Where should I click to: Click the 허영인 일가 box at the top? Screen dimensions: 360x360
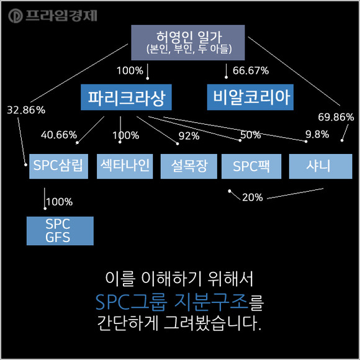click(x=188, y=42)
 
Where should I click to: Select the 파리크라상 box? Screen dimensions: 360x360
click(x=126, y=97)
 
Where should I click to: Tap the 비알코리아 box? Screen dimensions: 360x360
click(x=250, y=97)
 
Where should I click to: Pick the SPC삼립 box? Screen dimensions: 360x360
click(x=58, y=166)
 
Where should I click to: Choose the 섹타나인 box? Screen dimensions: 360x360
click(x=125, y=166)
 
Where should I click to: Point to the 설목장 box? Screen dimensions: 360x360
click(x=189, y=166)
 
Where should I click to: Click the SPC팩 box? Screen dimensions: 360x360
click(x=251, y=166)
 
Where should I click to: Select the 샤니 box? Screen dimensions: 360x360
click(x=320, y=166)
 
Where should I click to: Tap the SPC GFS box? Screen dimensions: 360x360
click(x=60, y=231)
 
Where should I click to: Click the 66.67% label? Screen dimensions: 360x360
click(x=251, y=71)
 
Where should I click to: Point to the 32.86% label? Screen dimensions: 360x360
click(x=26, y=110)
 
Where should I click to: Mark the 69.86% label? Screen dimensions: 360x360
click(x=336, y=117)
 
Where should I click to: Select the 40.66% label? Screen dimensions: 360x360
click(x=59, y=135)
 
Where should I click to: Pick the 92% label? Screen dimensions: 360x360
click(x=189, y=136)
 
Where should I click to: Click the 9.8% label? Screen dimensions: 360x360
click(x=317, y=134)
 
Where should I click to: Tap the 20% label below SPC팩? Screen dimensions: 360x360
click(x=253, y=197)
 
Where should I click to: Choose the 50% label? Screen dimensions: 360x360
click(x=251, y=135)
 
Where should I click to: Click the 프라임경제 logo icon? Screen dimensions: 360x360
click(x=16, y=16)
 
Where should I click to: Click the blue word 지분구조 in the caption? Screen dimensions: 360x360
click(x=211, y=302)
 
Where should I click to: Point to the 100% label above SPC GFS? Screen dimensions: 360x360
click(x=60, y=202)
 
